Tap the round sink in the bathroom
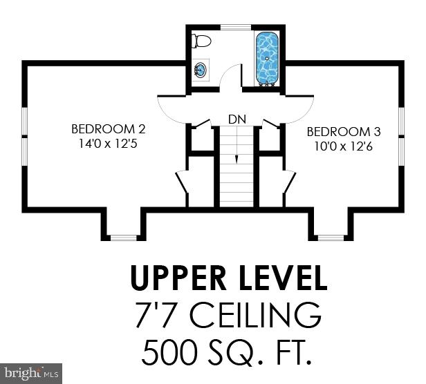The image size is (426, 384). (200, 69)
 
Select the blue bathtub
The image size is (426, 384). (267, 56)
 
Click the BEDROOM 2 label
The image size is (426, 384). (109, 129)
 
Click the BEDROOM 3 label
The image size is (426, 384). (344, 131)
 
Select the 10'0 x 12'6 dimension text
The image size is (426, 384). (344, 146)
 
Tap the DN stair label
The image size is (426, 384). (237, 119)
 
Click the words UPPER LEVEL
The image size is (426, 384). (228, 278)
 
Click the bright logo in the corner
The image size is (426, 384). (31, 373)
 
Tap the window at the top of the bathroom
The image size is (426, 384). (235, 27)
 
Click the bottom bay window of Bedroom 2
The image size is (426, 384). (124, 238)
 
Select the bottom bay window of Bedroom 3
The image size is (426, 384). (331, 238)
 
